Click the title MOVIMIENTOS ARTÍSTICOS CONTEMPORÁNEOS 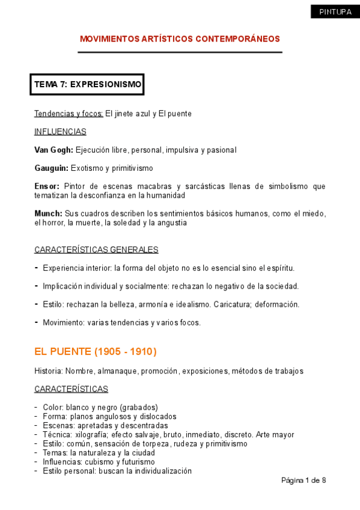pyautogui.click(x=180, y=39)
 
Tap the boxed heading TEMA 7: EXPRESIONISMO pyautogui.click(x=88, y=85)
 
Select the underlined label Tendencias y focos pyautogui.click(x=69, y=114)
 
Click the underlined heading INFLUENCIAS pyautogui.click(x=60, y=132)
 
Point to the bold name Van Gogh pyautogui.click(x=53, y=150)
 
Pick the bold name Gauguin pyautogui.click(x=52, y=168)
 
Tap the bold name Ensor pyautogui.click(x=46, y=186)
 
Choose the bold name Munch pyautogui.click(x=48, y=214)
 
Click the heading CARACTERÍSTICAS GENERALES pyautogui.click(x=96, y=250)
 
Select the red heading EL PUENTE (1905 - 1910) pyautogui.click(x=96, y=351)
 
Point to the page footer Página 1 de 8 pyautogui.click(x=304, y=481)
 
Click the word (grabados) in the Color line pyautogui.click(x=139, y=407)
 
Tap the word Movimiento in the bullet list pyautogui.click(x=63, y=322)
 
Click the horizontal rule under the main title pyautogui.click(x=180, y=52)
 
